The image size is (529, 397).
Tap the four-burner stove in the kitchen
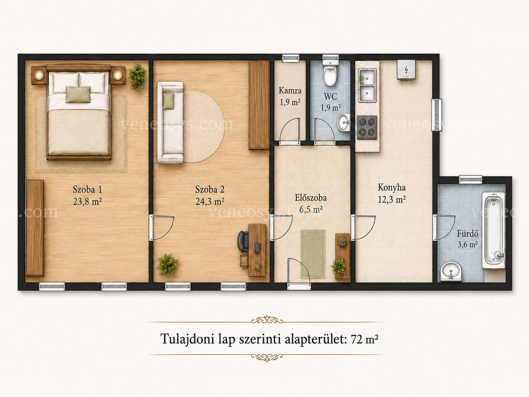(367, 127)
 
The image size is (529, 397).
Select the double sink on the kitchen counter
(367, 85)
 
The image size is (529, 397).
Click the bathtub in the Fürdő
(493, 230)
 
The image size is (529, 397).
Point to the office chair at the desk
(243, 241)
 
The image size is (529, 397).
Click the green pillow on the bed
(78, 94)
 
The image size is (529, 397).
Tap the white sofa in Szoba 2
(170, 122)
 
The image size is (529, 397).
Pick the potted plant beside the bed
(137, 77)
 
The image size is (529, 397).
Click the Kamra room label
(290, 91)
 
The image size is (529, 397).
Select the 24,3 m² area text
(210, 201)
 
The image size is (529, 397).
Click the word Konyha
(392, 187)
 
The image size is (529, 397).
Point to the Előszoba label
(311, 198)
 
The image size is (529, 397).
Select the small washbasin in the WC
(344, 122)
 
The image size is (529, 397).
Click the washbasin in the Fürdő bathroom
(451, 272)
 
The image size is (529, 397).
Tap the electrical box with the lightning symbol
(406, 70)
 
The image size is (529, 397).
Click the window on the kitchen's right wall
(437, 115)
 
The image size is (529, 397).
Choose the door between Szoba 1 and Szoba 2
(161, 227)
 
